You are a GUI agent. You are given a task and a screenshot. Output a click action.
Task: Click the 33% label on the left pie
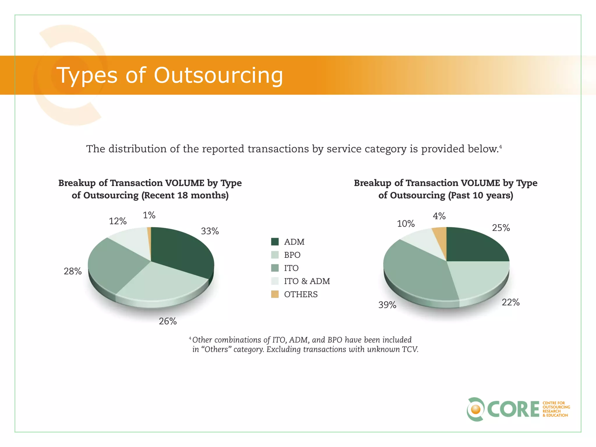[210, 231]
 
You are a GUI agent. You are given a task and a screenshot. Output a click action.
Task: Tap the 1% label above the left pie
[149, 215]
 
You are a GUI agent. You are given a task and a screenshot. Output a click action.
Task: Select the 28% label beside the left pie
[72, 271]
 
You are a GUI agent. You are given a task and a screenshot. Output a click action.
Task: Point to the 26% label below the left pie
[168, 321]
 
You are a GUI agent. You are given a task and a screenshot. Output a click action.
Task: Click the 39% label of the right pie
[387, 305]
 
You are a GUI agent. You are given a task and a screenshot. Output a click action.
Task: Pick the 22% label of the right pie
[510, 302]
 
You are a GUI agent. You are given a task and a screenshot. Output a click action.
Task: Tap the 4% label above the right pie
[439, 216]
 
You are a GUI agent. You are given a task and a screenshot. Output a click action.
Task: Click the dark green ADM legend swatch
[275, 242]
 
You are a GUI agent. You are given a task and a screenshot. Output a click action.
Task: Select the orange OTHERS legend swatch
[275, 294]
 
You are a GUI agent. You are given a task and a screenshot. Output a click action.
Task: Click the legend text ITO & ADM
[307, 281]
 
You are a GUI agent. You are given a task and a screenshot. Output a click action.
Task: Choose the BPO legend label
[292, 255]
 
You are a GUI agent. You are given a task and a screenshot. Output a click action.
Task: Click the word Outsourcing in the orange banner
[218, 75]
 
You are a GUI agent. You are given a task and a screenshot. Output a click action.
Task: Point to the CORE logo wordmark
[513, 409]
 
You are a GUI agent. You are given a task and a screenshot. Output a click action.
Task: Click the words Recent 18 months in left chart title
[185, 195]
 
